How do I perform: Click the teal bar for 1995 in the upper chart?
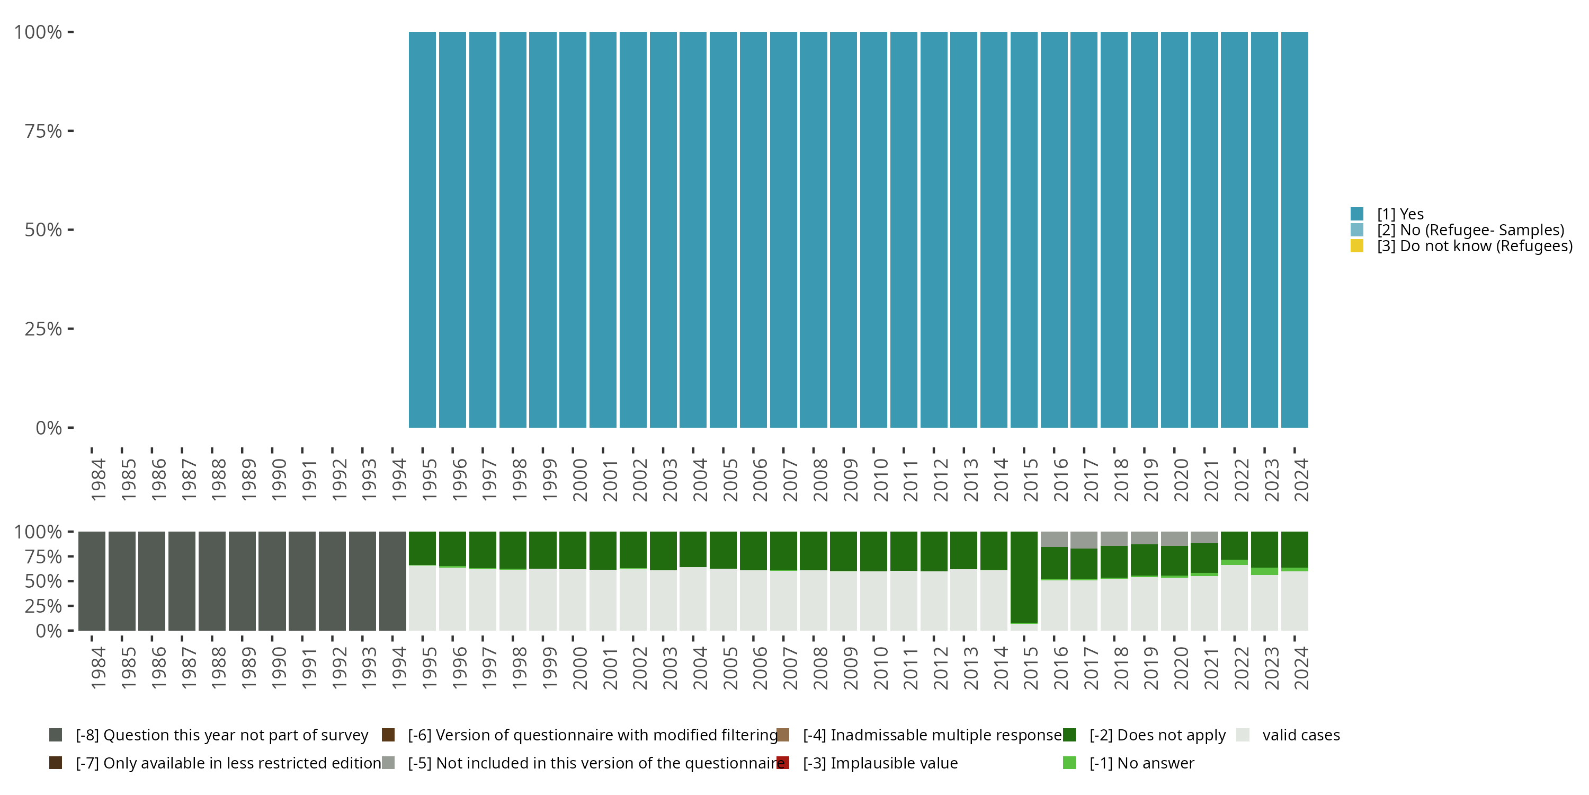pos(422,229)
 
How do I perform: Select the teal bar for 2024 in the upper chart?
pos(1294,229)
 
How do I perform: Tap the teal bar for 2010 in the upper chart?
pos(873,229)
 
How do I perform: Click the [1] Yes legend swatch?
pos(1356,214)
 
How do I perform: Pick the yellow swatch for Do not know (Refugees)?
pos(1356,246)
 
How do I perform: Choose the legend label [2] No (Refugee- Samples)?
pos(1470,230)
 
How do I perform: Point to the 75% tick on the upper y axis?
pos(70,131)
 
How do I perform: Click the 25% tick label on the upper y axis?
pos(43,329)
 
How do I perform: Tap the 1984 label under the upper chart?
pos(98,480)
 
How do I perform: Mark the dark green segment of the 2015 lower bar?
pos(1024,577)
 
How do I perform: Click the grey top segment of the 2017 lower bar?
pos(1084,540)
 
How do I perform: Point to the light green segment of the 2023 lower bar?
pos(1264,571)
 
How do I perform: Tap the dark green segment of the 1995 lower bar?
pos(422,548)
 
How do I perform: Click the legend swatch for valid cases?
pos(1243,735)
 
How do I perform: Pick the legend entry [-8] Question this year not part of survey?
pos(221,735)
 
